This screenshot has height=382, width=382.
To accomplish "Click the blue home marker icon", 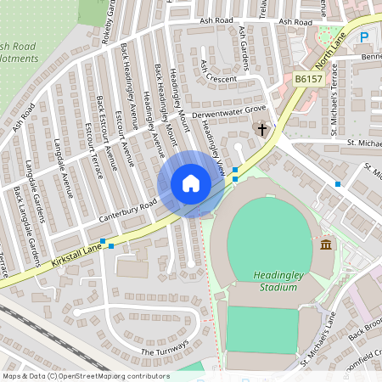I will click(x=190, y=183).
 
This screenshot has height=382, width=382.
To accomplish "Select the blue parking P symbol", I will click(x=364, y=37).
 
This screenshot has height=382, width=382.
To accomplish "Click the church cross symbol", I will click(x=262, y=130).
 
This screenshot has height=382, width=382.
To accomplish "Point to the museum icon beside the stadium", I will click(x=326, y=245).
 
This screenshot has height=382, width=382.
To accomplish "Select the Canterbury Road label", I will click(x=130, y=206).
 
